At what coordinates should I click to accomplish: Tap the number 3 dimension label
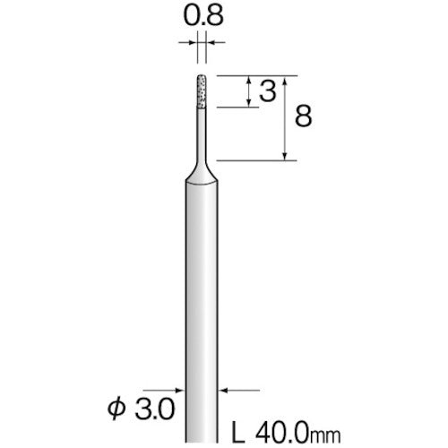(x=268, y=91)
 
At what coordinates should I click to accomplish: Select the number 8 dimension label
(x=304, y=116)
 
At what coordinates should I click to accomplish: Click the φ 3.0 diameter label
(x=141, y=409)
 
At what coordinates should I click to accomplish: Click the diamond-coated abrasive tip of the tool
(x=202, y=91)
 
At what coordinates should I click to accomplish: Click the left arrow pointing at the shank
(x=163, y=390)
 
